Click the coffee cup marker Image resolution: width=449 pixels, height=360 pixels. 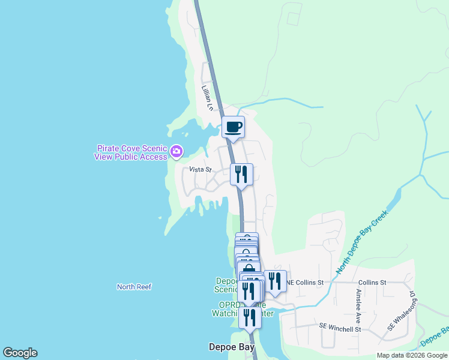pos(233,127)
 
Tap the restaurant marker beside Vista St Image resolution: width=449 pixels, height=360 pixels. pos(241,175)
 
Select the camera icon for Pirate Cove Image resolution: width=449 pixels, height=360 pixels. pos(176,152)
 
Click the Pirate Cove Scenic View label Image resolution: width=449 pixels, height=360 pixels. pos(130,152)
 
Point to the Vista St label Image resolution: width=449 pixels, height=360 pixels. pos(200,170)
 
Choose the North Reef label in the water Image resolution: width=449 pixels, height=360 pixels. pos(134,287)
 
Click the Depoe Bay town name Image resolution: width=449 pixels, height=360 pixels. pos(231,347)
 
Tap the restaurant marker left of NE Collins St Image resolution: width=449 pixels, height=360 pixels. pos(275,281)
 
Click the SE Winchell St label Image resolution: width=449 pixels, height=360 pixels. pos(340,329)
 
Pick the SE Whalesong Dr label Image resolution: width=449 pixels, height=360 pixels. pos(401,312)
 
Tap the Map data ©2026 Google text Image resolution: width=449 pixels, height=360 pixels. pos(412,355)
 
